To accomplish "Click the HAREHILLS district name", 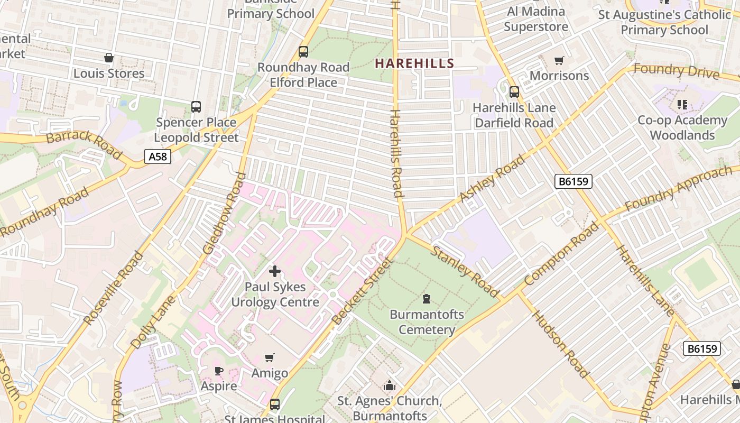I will [x=414, y=63].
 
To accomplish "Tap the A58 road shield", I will [x=158, y=157].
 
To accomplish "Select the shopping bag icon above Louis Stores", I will [x=109, y=58].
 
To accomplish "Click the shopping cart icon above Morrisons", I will [x=559, y=60].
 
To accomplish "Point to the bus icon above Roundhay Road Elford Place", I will [x=303, y=52].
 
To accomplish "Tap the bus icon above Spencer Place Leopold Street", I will [x=196, y=107].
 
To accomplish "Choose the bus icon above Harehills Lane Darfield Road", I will [x=514, y=92].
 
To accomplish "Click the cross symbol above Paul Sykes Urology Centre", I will [x=275, y=271].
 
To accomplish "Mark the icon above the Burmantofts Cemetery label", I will [x=427, y=299].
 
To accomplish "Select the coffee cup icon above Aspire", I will [x=219, y=371].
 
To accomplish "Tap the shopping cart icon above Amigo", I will [x=270, y=358].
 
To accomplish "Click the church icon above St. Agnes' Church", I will [x=390, y=385].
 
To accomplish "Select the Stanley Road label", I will [x=465, y=271].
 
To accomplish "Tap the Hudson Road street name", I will [x=560, y=344].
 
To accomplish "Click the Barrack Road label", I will [x=84, y=143].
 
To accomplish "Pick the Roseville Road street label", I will [x=114, y=288].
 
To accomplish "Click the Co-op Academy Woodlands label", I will [x=682, y=127].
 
